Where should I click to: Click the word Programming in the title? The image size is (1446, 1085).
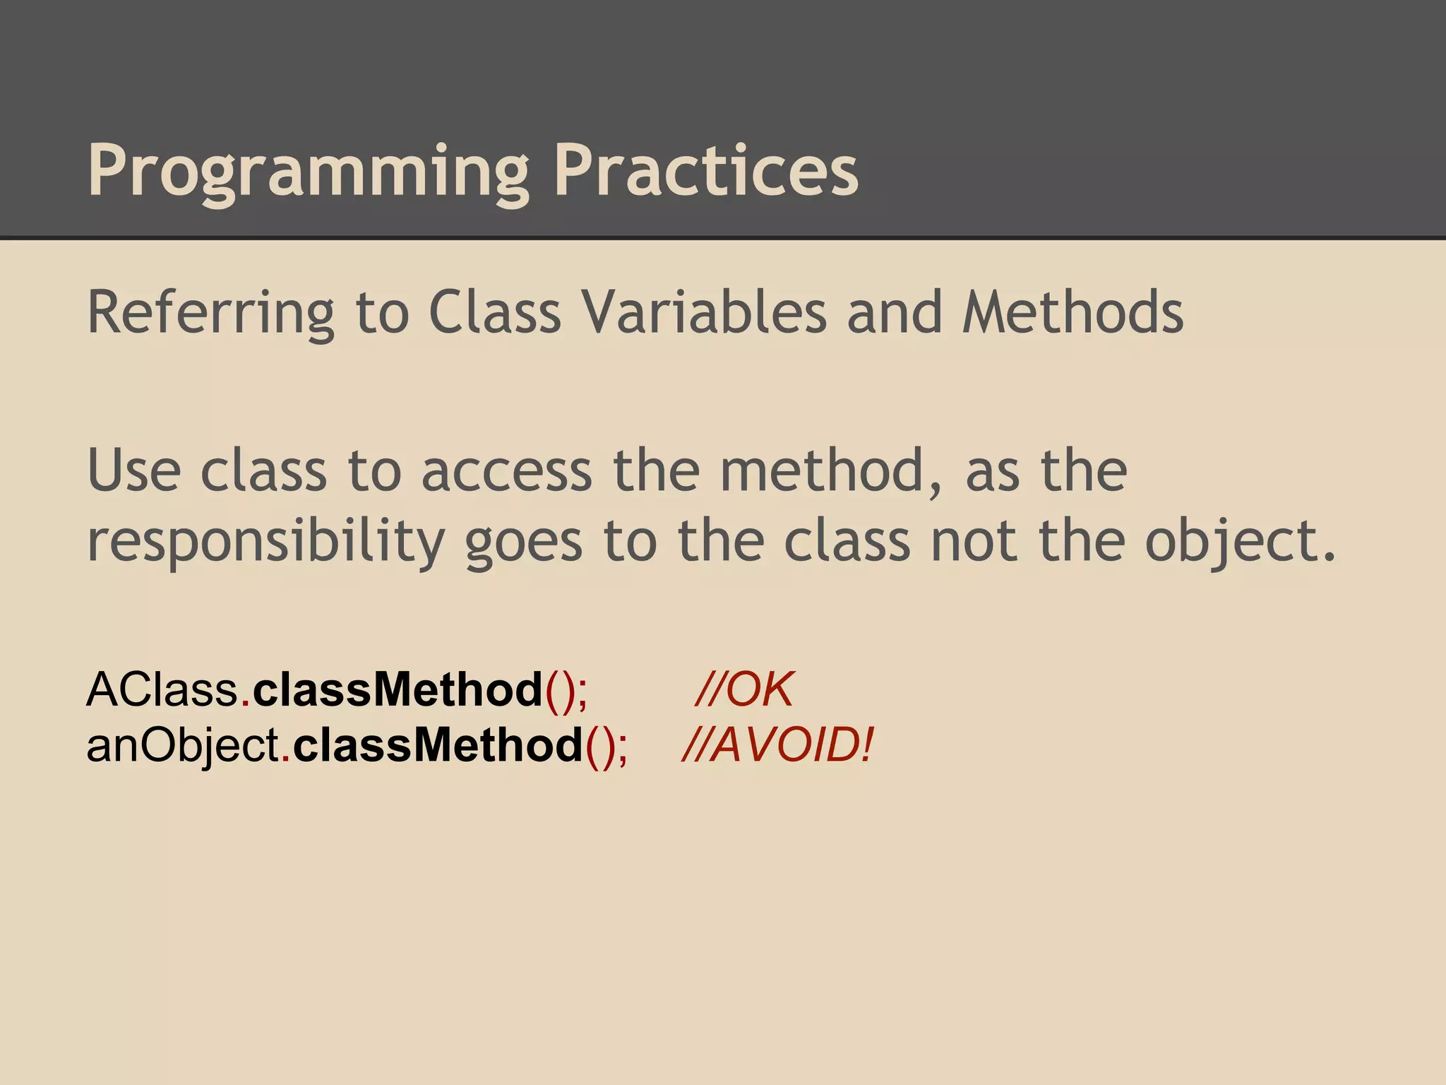point(308,172)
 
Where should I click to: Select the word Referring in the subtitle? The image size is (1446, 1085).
point(210,313)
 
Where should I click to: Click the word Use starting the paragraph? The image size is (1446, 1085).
point(134,471)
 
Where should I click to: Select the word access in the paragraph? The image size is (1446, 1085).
point(506,471)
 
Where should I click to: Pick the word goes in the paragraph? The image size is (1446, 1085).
point(523,541)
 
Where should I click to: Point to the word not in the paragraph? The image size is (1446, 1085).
point(974,541)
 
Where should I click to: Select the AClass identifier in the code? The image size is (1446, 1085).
point(162,689)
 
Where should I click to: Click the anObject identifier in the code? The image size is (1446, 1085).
point(183,746)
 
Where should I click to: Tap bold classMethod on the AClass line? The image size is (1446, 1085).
point(398,689)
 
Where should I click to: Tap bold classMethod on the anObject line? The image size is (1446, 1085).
point(438,746)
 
